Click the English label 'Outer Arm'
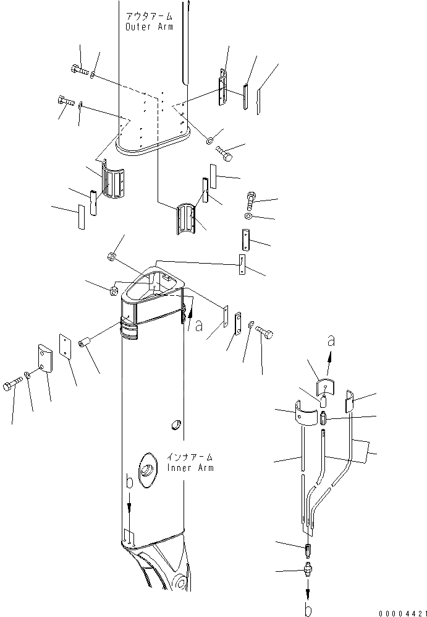point(149,27)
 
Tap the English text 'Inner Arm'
point(191,467)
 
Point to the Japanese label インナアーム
point(191,457)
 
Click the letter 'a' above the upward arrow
point(332,340)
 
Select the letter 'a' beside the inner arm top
point(198,326)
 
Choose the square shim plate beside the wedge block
point(66,346)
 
